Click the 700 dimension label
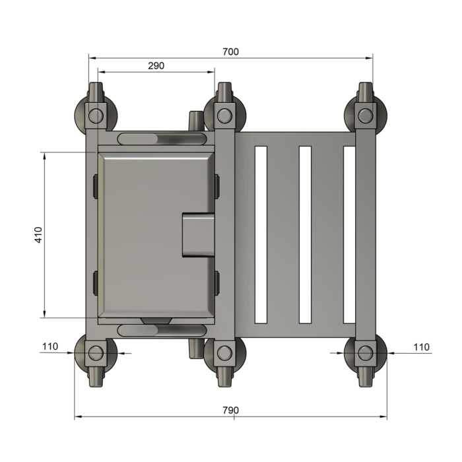pyautogui.click(x=230, y=51)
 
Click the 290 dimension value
pyautogui.click(x=156, y=65)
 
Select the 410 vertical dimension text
pyautogui.click(x=38, y=235)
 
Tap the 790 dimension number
pyautogui.click(x=230, y=410)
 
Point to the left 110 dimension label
pyautogui.click(x=50, y=346)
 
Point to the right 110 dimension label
pyautogui.click(x=421, y=346)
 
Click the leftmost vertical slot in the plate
pyautogui.click(x=261, y=234)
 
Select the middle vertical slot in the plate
pyautogui.click(x=305, y=234)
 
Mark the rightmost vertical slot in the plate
pyautogui.click(x=349, y=234)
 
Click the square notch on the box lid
pyautogui.click(x=197, y=234)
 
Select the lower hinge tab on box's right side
pyautogui.click(x=217, y=282)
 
